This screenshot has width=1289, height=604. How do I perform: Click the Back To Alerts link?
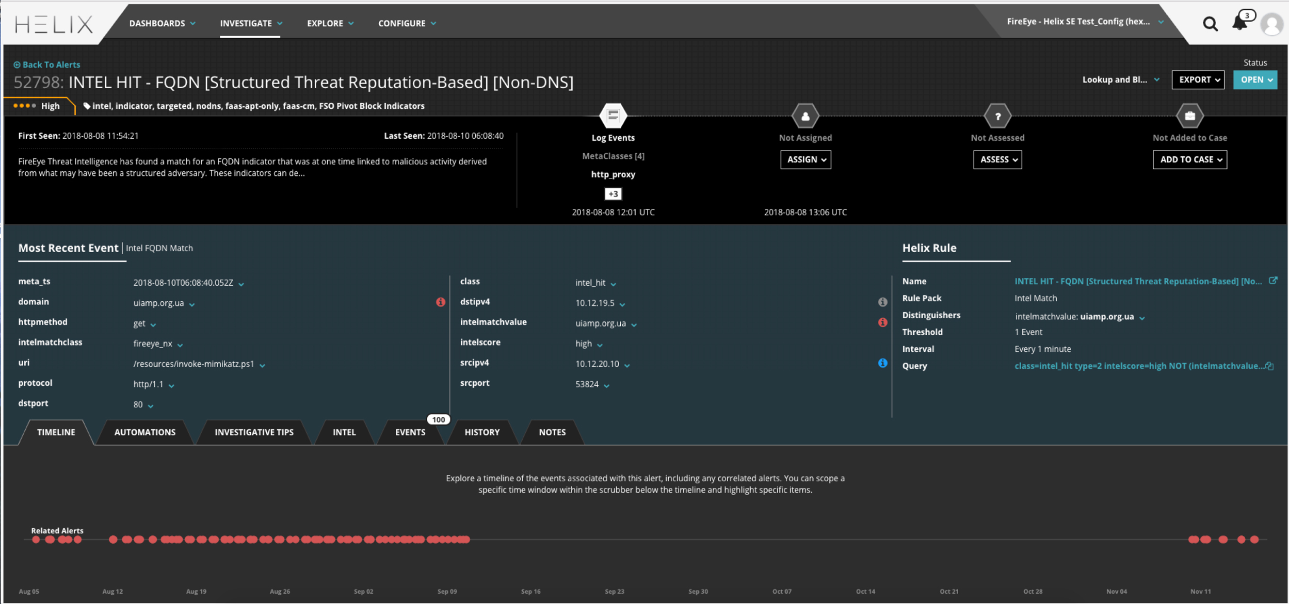(x=51, y=64)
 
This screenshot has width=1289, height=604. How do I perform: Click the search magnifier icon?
(x=1210, y=24)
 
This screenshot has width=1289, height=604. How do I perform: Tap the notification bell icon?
(x=1239, y=23)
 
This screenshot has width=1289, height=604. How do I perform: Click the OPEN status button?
(x=1255, y=80)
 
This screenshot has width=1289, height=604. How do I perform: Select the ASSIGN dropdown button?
(x=805, y=160)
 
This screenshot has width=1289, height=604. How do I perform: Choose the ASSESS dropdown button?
(x=997, y=160)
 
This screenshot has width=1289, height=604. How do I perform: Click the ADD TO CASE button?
(x=1190, y=160)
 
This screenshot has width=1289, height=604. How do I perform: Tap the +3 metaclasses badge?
(x=613, y=194)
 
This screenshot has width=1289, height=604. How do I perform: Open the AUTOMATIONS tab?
(x=144, y=432)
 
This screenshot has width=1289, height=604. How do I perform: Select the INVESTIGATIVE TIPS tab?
(x=254, y=432)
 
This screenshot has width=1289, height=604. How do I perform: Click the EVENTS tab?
(x=410, y=432)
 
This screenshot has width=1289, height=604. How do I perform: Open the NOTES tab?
(x=552, y=432)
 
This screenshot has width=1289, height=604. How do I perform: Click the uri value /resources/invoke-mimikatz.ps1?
(x=194, y=364)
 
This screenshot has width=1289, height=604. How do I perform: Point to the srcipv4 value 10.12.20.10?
(x=597, y=364)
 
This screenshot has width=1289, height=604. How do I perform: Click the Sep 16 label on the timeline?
(x=530, y=591)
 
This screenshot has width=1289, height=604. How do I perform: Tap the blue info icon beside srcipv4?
(x=882, y=363)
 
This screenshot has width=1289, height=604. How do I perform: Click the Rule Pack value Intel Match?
(x=1035, y=298)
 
